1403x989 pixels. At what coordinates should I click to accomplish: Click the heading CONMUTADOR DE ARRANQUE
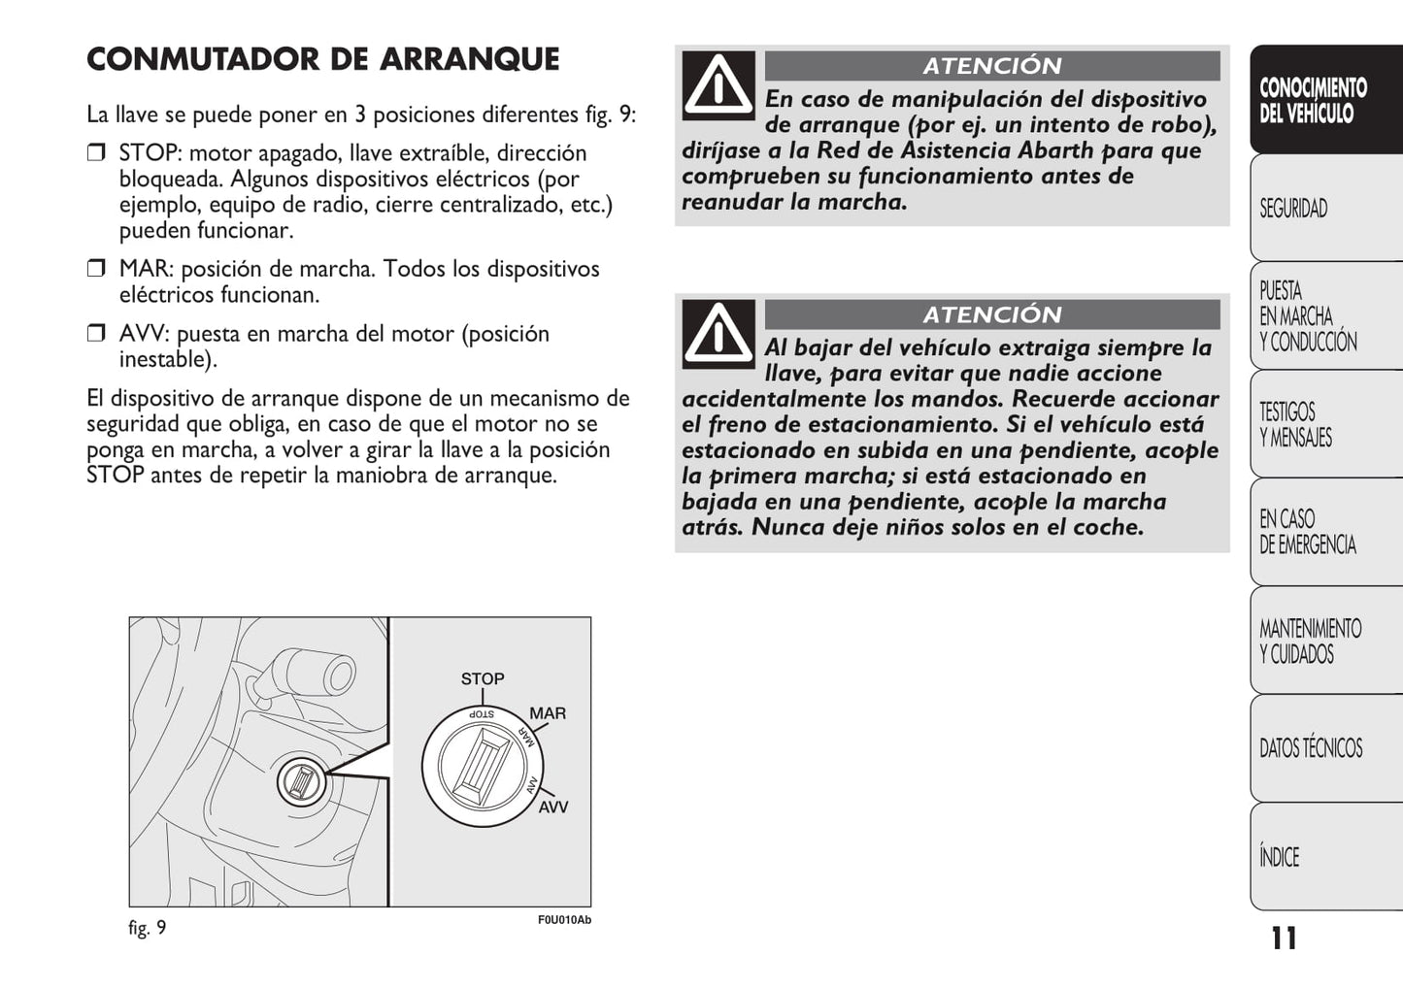(x=322, y=60)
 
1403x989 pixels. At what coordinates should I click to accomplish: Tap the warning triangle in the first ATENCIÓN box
(x=718, y=85)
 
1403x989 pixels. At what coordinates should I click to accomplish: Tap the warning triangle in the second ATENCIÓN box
(x=718, y=334)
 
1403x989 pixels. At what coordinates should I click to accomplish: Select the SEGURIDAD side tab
(x=1294, y=209)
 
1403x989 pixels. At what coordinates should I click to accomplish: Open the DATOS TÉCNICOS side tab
(x=1310, y=748)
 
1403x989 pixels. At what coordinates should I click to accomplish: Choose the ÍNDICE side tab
(x=1280, y=857)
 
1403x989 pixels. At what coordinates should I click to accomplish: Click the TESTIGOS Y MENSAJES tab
(x=1295, y=425)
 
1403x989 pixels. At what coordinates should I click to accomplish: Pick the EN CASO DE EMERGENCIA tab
(x=1307, y=532)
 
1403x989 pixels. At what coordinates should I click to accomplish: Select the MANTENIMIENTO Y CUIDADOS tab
(x=1310, y=641)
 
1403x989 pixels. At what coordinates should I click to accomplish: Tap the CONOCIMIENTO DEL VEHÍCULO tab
(x=1312, y=100)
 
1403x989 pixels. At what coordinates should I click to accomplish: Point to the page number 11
(x=1284, y=939)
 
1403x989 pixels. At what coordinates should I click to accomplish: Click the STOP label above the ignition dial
(x=483, y=679)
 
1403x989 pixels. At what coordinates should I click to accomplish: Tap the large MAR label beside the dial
(x=548, y=713)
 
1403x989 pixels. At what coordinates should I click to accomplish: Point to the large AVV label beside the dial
(x=553, y=807)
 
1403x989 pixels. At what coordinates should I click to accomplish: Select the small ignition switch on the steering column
(x=302, y=781)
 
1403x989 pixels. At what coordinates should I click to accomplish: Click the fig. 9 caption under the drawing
(x=148, y=928)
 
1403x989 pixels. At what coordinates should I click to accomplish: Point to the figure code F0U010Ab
(x=564, y=920)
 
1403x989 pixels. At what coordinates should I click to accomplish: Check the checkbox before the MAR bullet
(x=95, y=269)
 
